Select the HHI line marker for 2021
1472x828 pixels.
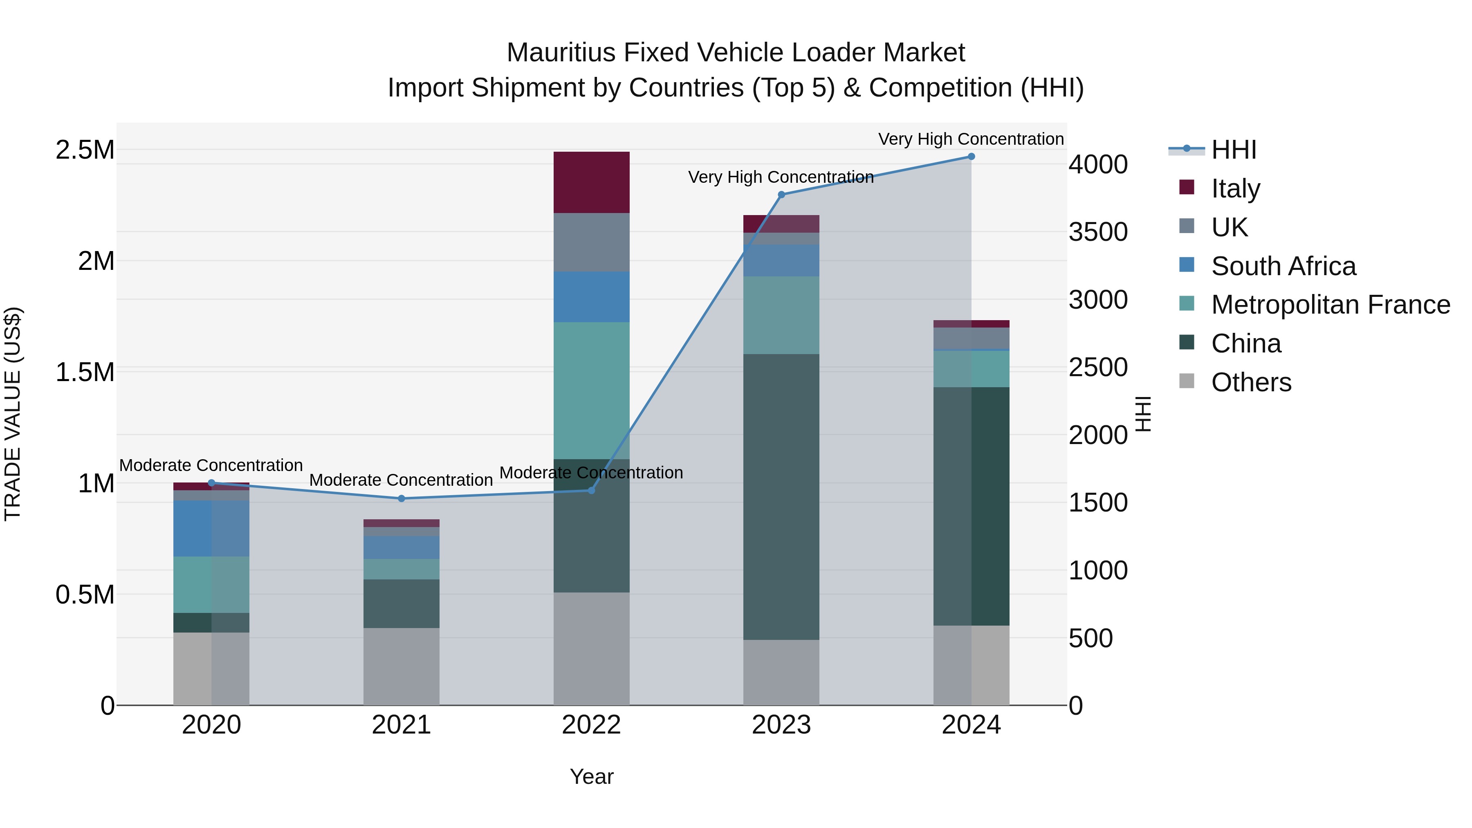[401, 498]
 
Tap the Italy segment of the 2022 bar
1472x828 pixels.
[591, 182]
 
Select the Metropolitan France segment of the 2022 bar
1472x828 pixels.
[591, 390]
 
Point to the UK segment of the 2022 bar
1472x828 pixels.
[591, 242]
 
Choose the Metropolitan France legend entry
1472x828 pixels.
[1330, 305]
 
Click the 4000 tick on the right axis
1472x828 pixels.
[1098, 164]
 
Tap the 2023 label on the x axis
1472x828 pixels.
[781, 725]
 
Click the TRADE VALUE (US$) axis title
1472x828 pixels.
[13, 414]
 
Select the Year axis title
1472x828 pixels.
[591, 776]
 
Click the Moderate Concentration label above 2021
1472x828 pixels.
[401, 480]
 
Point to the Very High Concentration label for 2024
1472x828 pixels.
[971, 139]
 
